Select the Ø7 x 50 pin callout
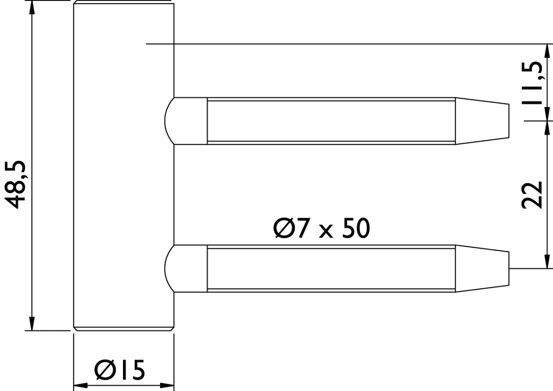click(321, 228)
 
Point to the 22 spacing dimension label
click(532, 195)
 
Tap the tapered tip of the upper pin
click(482, 121)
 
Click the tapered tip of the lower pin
click(482, 268)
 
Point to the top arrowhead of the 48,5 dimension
click(32, 7)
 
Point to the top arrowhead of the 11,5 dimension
click(546, 51)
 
